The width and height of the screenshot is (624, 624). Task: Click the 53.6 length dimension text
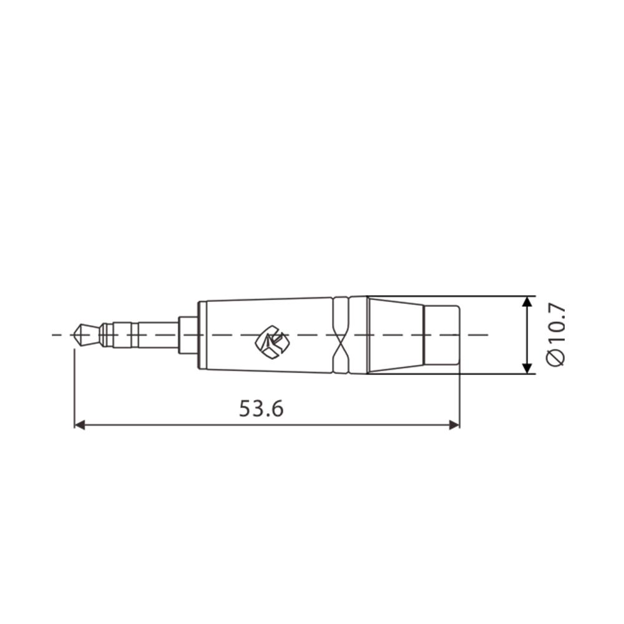[x=261, y=408]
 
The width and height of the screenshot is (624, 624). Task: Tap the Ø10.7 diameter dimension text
[x=555, y=334]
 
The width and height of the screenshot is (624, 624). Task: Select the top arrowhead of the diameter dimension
[x=528, y=302]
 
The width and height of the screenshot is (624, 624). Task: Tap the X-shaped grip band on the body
[x=341, y=335]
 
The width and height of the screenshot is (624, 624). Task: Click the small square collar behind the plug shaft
[x=188, y=335]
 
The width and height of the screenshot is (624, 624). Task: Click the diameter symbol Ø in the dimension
[x=555, y=358]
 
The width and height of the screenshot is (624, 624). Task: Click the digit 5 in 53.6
[x=246, y=408]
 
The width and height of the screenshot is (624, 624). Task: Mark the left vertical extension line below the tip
[x=74, y=387]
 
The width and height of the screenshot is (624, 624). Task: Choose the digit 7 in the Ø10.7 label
[x=555, y=311]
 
